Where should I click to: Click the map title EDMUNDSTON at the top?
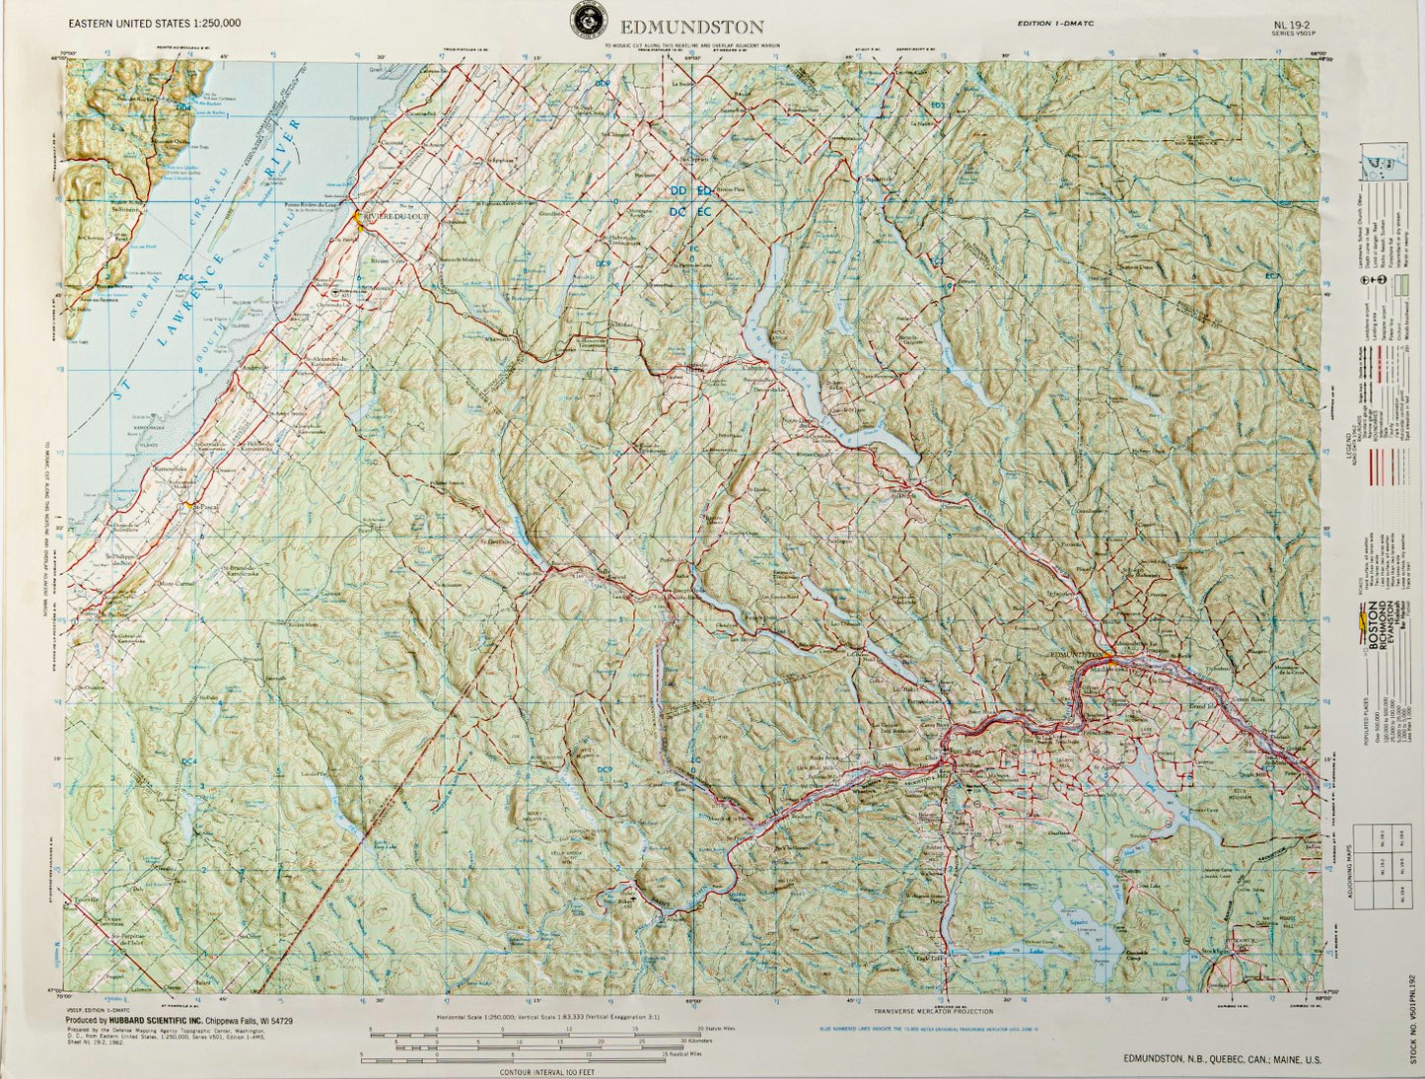(x=691, y=26)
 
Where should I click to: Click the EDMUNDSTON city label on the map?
(x=1076, y=654)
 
